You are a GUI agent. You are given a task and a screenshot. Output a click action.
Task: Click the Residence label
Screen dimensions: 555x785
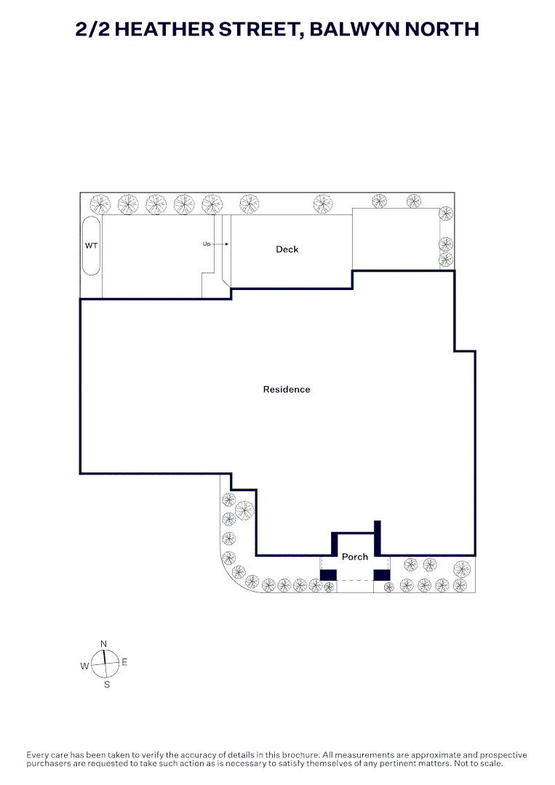pyautogui.click(x=287, y=390)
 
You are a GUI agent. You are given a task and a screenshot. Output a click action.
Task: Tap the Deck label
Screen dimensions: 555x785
pyautogui.click(x=287, y=249)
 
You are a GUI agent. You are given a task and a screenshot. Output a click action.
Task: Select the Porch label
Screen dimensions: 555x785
pyautogui.click(x=355, y=557)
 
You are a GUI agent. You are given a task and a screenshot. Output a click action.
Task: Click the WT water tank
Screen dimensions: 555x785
pyautogui.click(x=91, y=246)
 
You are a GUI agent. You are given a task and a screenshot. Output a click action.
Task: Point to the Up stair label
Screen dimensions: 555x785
pyautogui.click(x=207, y=243)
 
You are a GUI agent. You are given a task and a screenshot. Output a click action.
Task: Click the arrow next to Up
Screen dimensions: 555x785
pyautogui.click(x=221, y=243)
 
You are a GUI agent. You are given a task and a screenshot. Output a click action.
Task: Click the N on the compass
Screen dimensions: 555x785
pyautogui.click(x=104, y=644)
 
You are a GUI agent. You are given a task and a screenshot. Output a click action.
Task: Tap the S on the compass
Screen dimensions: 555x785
pyautogui.click(x=107, y=685)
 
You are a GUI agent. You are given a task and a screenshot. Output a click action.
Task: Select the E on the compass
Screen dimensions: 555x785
pyautogui.click(x=124, y=662)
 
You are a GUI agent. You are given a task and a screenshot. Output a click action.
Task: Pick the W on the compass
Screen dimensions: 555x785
pyautogui.click(x=84, y=666)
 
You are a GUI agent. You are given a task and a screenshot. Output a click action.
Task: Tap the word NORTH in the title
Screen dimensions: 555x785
pyautogui.click(x=442, y=29)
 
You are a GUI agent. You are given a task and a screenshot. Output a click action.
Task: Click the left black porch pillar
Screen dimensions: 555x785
pyautogui.click(x=328, y=575)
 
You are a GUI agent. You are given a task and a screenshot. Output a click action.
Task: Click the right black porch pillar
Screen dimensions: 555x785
pyautogui.click(x=382, y=575)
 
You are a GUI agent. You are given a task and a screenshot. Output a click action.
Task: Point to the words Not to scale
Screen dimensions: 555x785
pyautogui.click(x=478, y=763)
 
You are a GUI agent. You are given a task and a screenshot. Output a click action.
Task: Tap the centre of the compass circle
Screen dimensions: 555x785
pyautogui.click(x=105, y=664)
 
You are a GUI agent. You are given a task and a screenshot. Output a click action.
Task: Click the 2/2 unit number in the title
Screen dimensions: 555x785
pyautogui.click(x=92, y=29)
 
